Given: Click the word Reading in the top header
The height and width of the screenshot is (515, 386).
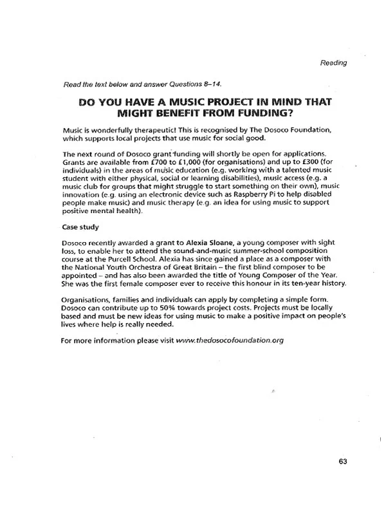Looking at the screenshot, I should [333, 62].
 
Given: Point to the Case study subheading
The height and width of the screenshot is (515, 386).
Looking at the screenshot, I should [80, 227].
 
